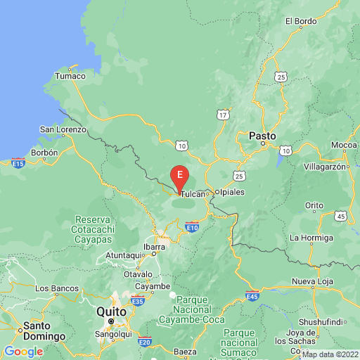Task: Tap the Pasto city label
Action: click(x=262, y=134)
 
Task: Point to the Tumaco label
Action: click(x=70, y=76)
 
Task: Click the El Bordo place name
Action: click(x=301, y=21)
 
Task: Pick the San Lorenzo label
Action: click(x=63, y=129)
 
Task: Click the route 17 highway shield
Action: click(x=224, y=114)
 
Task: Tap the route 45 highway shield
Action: click(x=340, y=215)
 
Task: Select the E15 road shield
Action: click(x=19, y=164)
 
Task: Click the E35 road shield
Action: click(x=138, y=302)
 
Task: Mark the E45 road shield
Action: click(x=252, y=295)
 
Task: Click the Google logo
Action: click(x=23, y=352)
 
